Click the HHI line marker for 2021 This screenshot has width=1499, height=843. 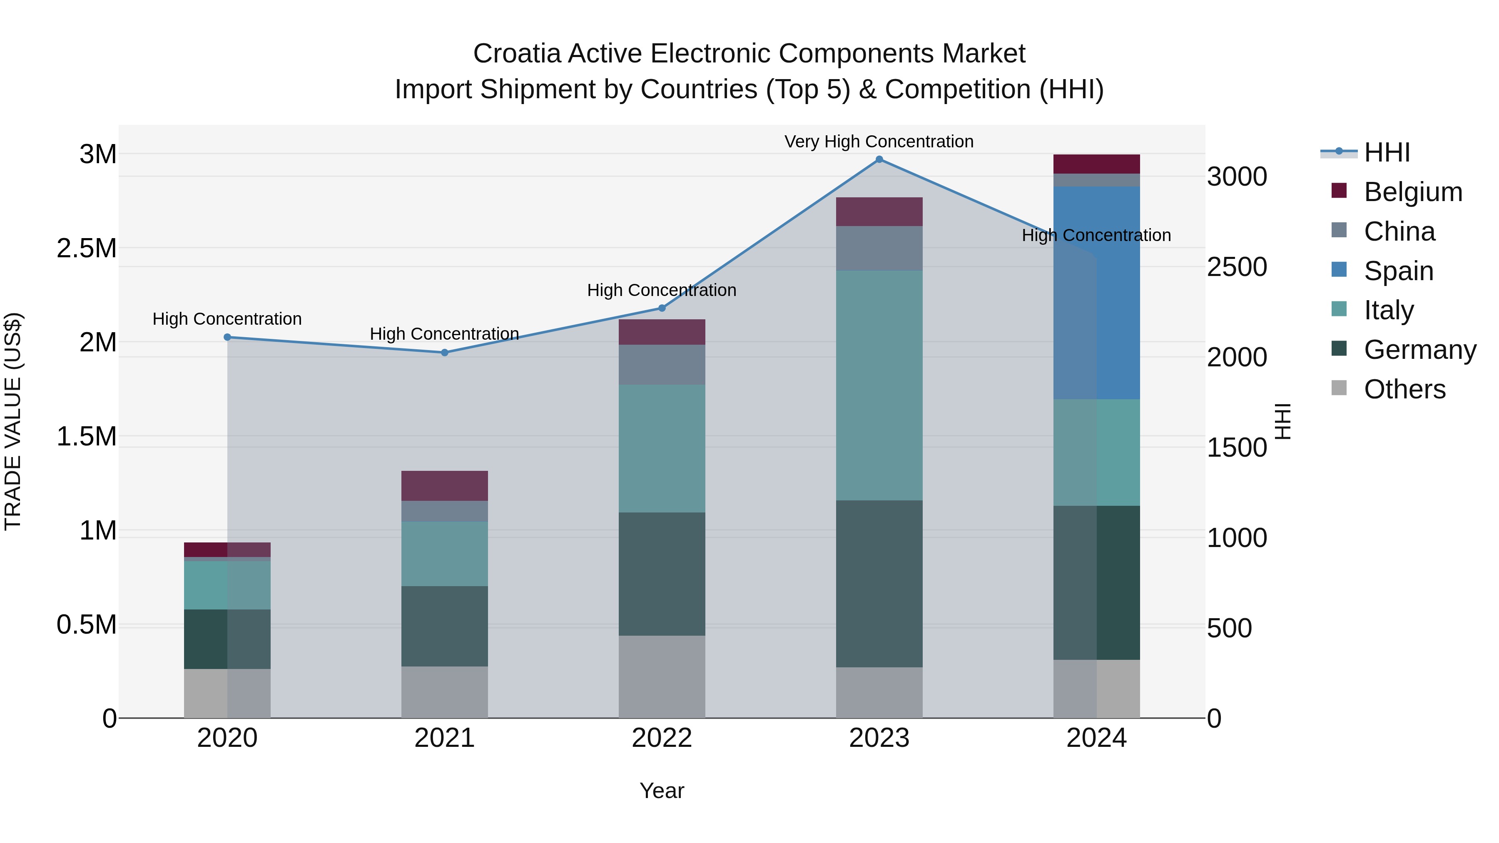point(445,353)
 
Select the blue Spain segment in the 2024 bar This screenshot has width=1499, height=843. point(1096,293)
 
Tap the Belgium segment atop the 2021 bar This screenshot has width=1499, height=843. point(445,486)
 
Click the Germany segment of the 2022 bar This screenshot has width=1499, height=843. point(662,574)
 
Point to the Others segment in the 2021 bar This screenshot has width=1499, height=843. point(445,692)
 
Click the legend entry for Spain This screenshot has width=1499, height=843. point(1398,271)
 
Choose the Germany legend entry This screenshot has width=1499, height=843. point(1420,350)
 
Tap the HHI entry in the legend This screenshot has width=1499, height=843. point(1386,152)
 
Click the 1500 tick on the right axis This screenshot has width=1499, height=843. point(1237,448)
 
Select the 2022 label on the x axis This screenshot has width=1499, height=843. point(662,738)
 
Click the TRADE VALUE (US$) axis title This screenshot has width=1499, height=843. point(13,421)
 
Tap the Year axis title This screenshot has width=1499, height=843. point(662,791)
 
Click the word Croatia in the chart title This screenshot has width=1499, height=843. point(517,54)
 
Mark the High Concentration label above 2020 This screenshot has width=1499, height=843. point(227,319)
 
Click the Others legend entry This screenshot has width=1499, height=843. point(1404,389)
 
